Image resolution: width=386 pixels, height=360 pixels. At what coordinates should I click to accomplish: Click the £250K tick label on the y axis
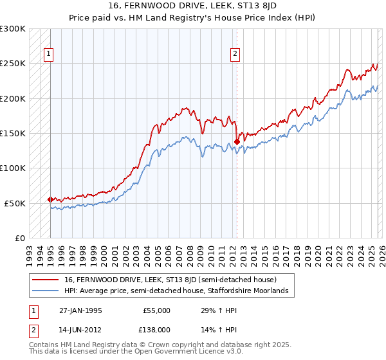pyautogui.click(x=13, y=64)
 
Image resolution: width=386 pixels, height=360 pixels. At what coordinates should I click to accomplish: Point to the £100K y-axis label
pyautogui.click(x=13, y=168)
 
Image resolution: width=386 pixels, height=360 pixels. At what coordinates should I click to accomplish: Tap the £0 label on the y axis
pyautogui.click(x=19, y=238)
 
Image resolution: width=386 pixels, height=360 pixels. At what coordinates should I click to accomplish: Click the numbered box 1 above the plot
pyautogui.click(x=49, y=55)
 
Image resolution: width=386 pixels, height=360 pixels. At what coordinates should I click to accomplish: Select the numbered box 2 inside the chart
pyautogui.click(x=235, y=55)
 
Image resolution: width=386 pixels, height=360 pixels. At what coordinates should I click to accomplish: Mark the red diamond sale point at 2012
pyautogui.click(x=237, y=141)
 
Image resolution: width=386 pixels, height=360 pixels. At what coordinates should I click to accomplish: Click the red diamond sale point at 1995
pyautogui.click(x=50, y=199)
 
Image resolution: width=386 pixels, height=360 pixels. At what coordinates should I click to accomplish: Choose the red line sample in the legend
pyautogui.click(x=45, y=280)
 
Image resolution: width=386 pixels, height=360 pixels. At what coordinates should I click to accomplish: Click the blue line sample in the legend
pyautogui.click(x=45, y=291)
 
